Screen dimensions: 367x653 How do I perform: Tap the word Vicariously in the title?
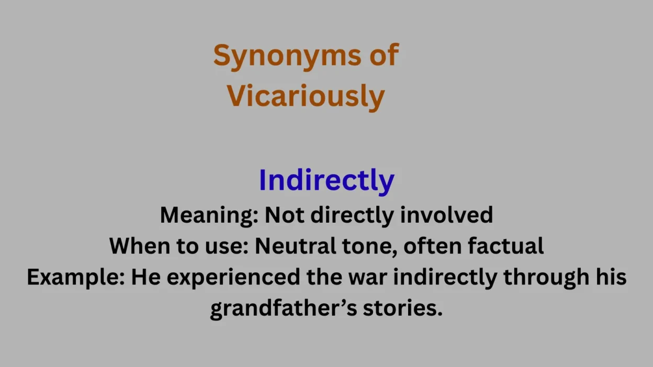tap(306, 96)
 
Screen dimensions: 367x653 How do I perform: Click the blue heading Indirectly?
tap(326, 180)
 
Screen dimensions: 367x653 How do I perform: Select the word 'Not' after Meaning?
tap(283, 215)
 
